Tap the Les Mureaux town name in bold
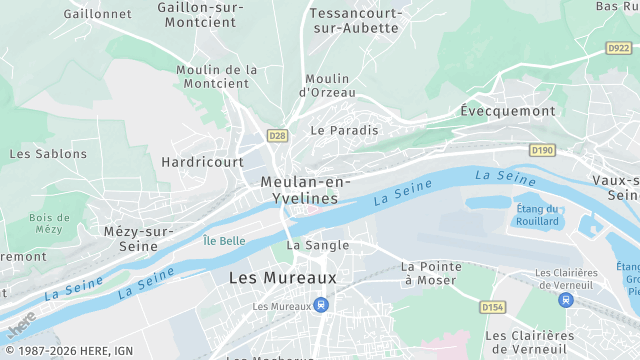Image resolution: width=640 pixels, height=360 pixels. click(283, 277)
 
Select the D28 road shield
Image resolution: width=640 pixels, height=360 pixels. click(277, 135)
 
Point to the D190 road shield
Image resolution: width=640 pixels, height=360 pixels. click(542, 150)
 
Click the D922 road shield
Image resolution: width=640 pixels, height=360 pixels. click(619, 47)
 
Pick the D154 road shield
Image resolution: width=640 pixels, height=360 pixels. click(493, 307)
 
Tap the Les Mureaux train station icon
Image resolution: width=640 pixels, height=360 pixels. click(320, 305)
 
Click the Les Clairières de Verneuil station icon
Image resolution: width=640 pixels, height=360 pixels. click(567, 299)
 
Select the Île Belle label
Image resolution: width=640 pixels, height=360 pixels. click(224, 241)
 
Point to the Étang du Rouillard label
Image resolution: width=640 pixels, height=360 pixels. click(537, 215)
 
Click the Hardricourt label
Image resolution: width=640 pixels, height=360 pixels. click(202, 161)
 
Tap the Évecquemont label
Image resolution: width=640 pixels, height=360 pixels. click(507, 111)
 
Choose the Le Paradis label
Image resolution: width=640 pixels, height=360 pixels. click(345, 130)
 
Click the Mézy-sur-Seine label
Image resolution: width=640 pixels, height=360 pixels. click(131, 238)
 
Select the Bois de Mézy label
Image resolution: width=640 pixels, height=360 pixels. click(48, 223)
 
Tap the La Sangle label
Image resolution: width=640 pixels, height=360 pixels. click(318, 245)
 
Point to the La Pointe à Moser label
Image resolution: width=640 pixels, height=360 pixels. click(431, 273)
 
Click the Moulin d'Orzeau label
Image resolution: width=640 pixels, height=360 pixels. click(327, 85)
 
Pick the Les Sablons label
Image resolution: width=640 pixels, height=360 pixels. click(48, 154)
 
